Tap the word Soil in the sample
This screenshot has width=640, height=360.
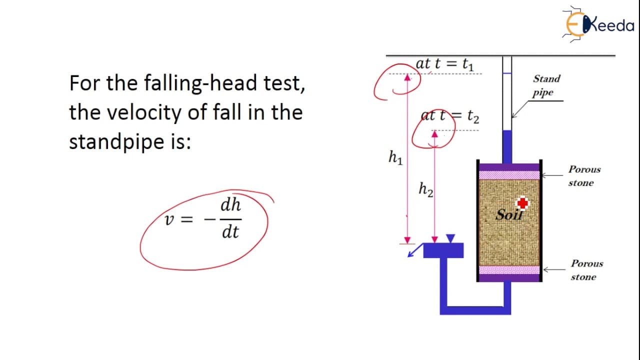(x=509, y=214)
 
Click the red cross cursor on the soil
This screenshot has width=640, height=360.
(x=522, y=203)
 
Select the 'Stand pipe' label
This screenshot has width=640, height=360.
(x=546, y=85)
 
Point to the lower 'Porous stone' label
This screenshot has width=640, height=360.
(x=586, y=270)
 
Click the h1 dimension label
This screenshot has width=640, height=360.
(x=395, y=157)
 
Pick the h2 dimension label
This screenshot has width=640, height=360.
(x=425, y=189)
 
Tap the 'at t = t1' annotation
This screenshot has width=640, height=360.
(x=444, y=64)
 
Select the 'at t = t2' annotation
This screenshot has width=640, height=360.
(x=449, y=116)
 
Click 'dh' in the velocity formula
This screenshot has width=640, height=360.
(x=230, y=204)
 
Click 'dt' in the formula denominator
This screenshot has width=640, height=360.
(x=230, y=231)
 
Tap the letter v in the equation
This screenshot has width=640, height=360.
(x=169, y=219)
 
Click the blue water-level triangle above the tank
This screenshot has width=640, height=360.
(x=450, y=238)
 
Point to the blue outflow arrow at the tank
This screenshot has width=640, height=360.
(x=415, y=250)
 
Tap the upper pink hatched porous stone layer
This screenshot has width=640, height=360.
(x=509, y=175)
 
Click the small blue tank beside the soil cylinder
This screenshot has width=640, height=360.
(x=443, y=250)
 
